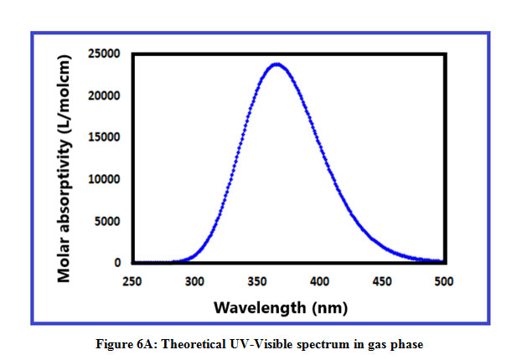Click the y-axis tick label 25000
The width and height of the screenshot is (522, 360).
coord(105,54)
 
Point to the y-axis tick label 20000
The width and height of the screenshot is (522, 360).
coord(105,95)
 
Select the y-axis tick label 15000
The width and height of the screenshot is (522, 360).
coord(105,137)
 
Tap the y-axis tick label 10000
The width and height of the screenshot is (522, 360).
coord(105,179)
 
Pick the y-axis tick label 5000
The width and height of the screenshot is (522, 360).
coord(108,221)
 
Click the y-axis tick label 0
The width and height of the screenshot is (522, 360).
coord(118,263)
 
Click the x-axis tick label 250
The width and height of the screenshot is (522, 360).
coord(132,282)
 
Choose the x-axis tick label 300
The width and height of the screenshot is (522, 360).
coord(194,282)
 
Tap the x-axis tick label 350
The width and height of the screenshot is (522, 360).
coord(256,282)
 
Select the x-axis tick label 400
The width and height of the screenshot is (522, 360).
coord(318,282)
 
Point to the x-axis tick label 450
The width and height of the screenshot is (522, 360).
coord(380,282)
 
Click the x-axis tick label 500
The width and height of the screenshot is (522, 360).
coord(442,282)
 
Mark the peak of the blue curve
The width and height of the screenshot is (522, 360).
coord(276,63)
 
